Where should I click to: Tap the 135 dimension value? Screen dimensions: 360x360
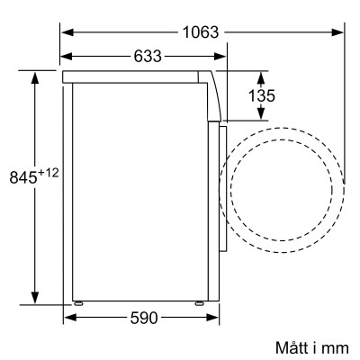tap(262, 95)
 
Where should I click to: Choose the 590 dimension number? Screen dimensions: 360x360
tap(143, 318)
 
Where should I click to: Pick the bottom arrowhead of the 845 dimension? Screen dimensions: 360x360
tap(35, 300)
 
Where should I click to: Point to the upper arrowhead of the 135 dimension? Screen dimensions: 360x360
tap(262, 74)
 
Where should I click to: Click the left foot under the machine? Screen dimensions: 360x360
tap(79, 302)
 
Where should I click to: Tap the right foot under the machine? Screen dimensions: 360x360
tap(198, 302)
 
